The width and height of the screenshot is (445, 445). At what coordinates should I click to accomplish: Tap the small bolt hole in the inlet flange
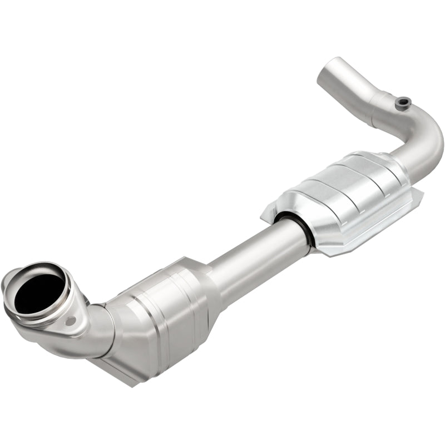(71, 321)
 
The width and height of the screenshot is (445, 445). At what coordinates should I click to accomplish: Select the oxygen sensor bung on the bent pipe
(403, 102)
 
